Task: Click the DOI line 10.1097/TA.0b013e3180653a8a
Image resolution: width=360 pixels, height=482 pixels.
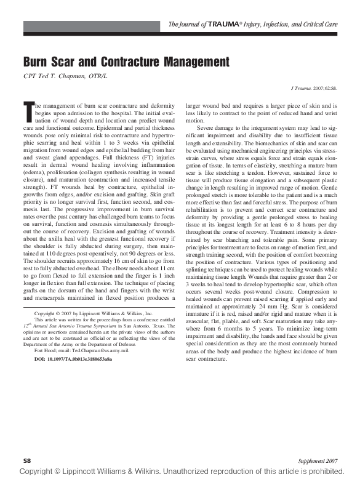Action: (x=82, y=358)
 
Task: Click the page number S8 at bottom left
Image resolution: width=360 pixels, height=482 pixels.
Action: (x=27, y=460)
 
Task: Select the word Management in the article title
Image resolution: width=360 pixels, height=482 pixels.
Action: (x=197, y=62)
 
